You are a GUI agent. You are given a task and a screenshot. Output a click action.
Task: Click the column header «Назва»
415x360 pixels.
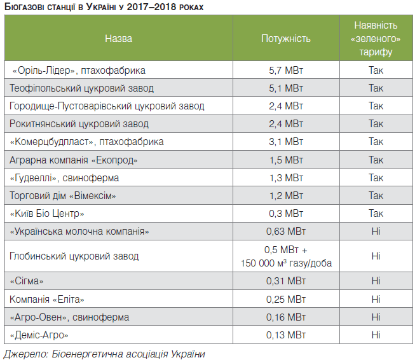pyautogui.click(x=119, y=39)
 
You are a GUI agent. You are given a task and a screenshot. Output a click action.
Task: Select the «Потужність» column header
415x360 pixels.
pyautogui.click(x=286, y=39)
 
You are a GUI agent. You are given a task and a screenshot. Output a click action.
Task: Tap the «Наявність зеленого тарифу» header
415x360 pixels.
pyautogui.click(x=376, y=39)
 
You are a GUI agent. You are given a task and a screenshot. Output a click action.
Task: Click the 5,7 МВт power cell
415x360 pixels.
pyautogui.click(x=286, y=70)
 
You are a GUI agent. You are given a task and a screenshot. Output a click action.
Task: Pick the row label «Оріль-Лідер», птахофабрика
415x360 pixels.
pyautogui.click(x=79, y=70)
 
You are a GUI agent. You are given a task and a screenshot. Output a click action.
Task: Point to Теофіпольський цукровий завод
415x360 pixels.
pyautogui.click(x=82, y=88)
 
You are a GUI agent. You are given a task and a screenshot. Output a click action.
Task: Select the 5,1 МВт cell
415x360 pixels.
pyautogui.click(x=286, y=88)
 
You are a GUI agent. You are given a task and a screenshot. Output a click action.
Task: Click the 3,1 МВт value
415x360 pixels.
pyautogui.click(x=286, y=141)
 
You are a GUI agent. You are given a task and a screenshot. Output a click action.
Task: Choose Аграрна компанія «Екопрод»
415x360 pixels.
pyautogui.click(x=74, y=159)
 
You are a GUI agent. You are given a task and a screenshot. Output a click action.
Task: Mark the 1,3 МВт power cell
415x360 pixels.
pyautogui.click(x=286, y=177)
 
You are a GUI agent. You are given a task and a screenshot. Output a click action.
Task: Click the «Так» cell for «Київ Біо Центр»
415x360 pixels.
pyautogui.click(x=376, y=213)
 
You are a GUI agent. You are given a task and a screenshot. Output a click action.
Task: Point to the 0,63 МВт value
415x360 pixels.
pyautogui.click(x=286, y=231)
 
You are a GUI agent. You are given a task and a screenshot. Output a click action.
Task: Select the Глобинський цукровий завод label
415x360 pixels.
pyautogui.click(x=74, y=256)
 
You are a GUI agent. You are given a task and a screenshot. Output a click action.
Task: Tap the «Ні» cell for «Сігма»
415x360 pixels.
pyautogui.click(x=376, y=280)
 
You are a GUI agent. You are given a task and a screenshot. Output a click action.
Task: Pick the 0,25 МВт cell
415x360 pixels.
pyautogui.click(x=286, y=298)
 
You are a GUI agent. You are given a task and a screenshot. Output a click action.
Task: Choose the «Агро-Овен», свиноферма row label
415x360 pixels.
pyautogui.click(x=70, y=316)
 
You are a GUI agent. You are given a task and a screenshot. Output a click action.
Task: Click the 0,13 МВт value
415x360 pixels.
pyautogui.click(x=286, y=334)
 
